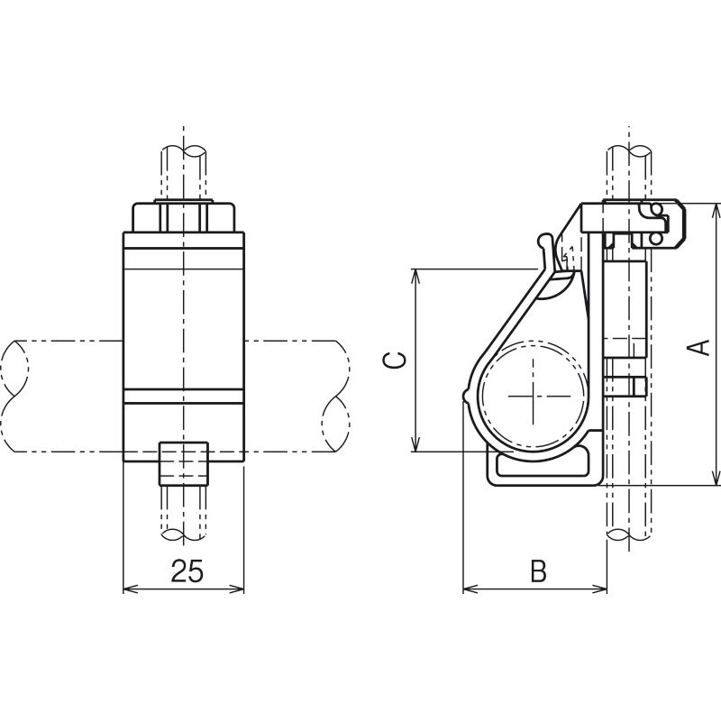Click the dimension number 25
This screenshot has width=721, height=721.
coord(187,570)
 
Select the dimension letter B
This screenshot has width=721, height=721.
coord(538,570)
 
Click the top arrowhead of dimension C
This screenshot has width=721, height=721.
coord(415,276)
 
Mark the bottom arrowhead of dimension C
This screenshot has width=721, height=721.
coord(415,444)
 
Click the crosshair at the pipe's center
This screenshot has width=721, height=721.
coord(534,396)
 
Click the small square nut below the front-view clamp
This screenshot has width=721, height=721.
coord(184,463)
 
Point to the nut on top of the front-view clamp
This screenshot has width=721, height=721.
coord(184,216)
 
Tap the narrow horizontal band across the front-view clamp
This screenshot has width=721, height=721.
coord(184,397)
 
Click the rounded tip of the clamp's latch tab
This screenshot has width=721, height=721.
coord(544,240)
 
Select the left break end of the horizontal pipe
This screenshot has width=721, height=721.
coord(14,396)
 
